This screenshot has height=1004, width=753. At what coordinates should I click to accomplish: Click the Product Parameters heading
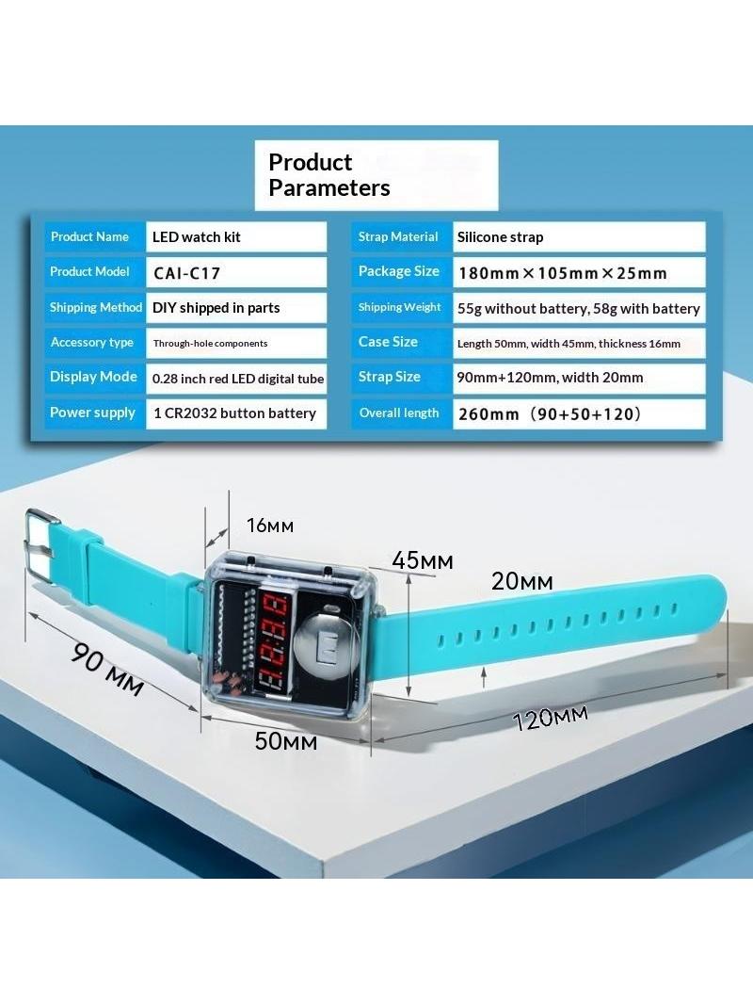[328, 175]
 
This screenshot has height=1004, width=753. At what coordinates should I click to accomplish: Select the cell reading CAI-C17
[236, 273]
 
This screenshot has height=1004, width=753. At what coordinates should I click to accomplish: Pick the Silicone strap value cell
[579, 237]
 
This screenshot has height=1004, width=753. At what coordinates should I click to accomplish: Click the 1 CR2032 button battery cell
[236, 413]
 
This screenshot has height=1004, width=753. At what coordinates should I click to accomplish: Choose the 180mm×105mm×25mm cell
[579, 273]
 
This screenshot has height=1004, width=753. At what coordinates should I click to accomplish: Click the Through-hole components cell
[236, 343]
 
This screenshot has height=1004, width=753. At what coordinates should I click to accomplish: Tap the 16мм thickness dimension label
[270, 526]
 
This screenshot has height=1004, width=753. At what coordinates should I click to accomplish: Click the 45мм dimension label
[423, 561]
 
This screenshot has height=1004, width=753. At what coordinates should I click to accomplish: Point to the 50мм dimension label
[285, 741]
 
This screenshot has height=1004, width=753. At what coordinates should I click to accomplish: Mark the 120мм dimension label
[551, 717]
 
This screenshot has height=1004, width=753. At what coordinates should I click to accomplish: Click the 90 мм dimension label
[107, 669]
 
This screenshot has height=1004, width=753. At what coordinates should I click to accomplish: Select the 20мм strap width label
[522, 581]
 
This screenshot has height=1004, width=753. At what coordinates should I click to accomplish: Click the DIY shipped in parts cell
[236, 308]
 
